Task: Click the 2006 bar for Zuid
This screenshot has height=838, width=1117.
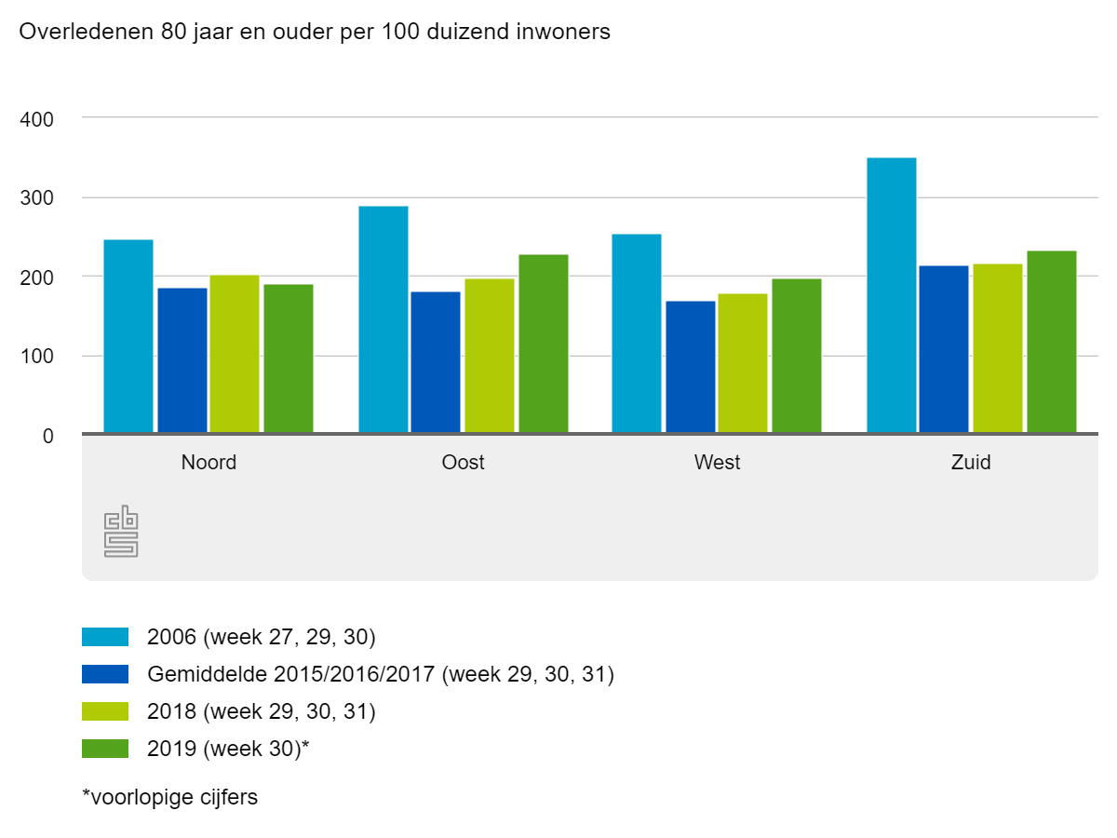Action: tap(891, 295)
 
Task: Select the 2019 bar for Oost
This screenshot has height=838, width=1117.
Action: tap(544, 344)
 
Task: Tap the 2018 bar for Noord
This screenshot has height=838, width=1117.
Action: tap(235, 355)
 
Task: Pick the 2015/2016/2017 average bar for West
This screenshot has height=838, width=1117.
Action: tap(691, 367)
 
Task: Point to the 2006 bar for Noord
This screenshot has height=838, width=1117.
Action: tap(128, 336)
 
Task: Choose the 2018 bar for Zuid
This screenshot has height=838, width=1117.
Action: tap(997, 348)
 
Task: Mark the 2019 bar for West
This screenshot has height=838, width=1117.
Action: tap(797, 356)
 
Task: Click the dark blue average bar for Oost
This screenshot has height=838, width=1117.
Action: tap(436, 362)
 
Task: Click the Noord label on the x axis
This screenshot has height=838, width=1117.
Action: tap(209, 462)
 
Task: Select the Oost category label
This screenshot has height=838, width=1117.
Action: tap(464, 462)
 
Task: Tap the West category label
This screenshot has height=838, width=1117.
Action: tap(717, 462)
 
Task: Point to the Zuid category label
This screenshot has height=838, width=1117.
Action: tap(971, 462)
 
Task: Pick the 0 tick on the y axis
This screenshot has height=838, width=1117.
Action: tap(47, 435)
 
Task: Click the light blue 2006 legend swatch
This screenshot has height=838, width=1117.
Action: tap(105, 637)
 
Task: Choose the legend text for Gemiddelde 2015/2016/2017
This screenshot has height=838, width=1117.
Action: tap(381, 674)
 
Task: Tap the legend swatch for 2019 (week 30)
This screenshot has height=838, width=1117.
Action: tap(105, 749)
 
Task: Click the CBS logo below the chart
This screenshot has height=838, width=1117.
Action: tap(121, 531)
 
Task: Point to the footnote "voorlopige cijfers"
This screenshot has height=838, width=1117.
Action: tap(170, 797)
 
